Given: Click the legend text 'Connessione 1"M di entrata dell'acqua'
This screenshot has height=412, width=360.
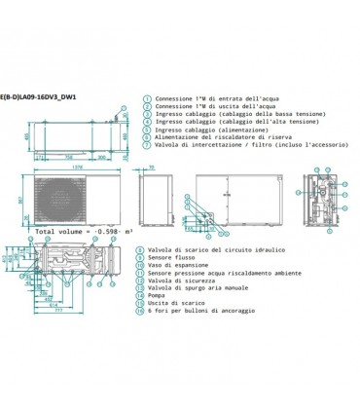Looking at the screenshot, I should click(x=213, y=98).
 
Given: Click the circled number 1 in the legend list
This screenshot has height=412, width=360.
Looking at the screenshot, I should click(x=146, y=98).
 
